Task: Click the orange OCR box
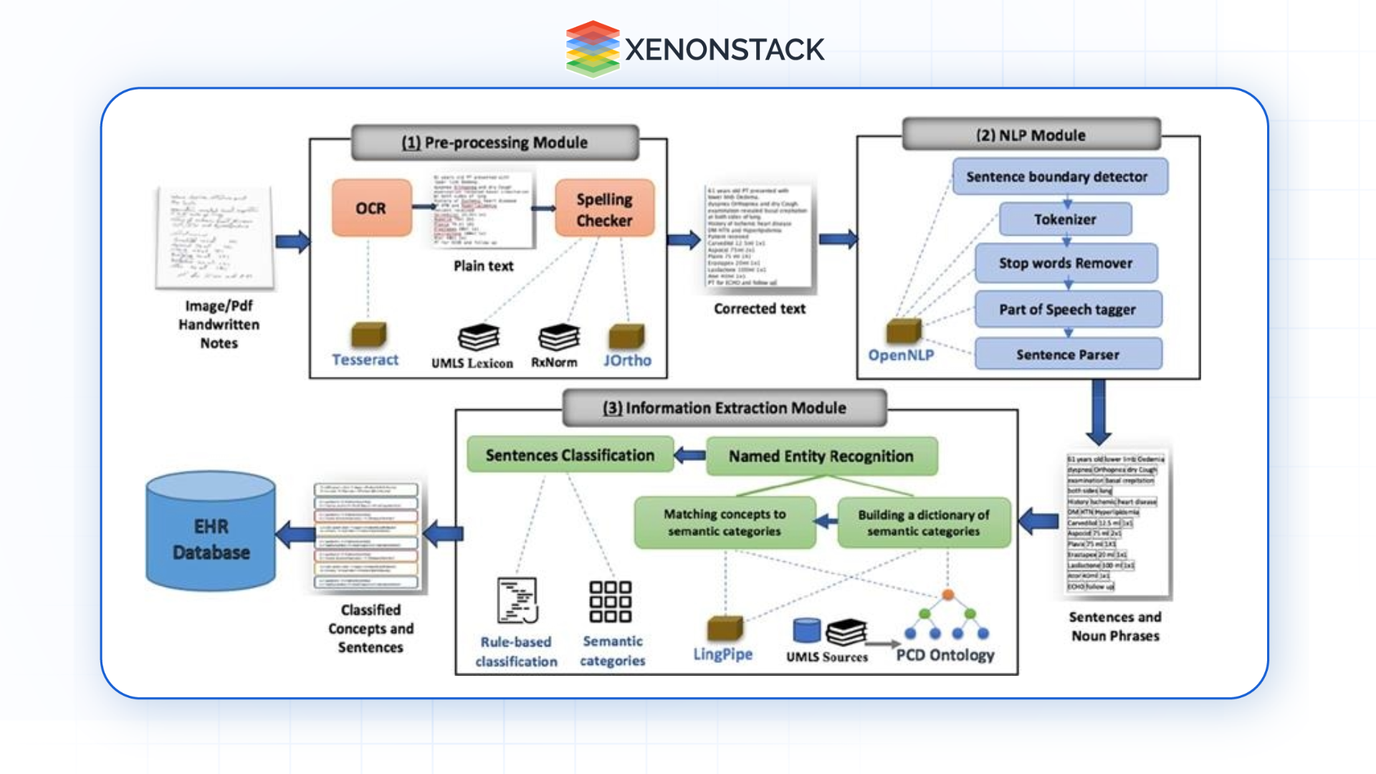coord(371,208)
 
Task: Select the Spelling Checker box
coord(604,209)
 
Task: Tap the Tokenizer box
coord(1065,219)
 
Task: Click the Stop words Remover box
coord(1066,263)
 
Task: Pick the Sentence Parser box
coord(1068,354)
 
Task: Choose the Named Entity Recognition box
coord(821,457)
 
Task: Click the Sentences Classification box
coord(570,455)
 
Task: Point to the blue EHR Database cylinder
coord(211,534)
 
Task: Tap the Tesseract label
coord(365,360)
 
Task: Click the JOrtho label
coord(627,360)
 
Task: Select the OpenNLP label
coord(901,355)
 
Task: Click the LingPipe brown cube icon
coord(725,627)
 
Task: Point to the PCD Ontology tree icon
coord(947,616)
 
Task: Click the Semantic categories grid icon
coord(610,601)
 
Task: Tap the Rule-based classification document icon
coord(517,601)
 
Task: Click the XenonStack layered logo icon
coord(592,49)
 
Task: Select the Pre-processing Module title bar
coord(494,142)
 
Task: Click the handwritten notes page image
coord(214,239)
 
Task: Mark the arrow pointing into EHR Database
coord(295,534)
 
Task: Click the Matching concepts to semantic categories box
coord(725,522)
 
